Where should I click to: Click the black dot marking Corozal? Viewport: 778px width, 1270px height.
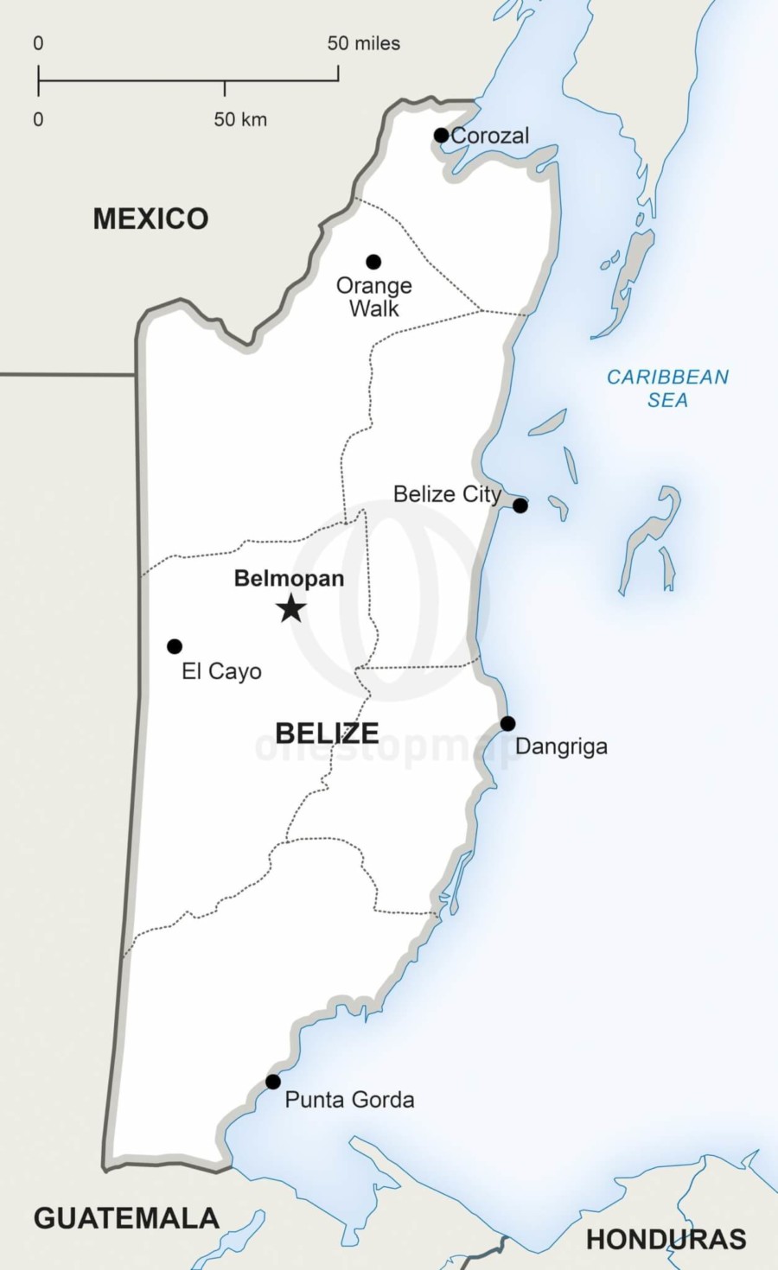tap(441, 135)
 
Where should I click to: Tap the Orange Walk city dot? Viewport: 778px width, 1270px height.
tap(373, 262)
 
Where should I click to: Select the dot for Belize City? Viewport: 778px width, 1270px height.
tap(520, 505)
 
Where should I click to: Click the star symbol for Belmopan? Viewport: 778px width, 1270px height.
tap(291, 608)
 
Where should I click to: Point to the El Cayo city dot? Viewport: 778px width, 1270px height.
tap(175, 646)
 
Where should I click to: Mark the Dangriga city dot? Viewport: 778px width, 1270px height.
tap(507, 724)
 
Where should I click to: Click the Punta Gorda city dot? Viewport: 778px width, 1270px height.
tap(273, 1082)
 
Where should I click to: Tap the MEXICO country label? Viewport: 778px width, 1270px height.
tap(150, 219)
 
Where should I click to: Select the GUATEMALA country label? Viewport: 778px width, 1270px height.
tap(126, 1218)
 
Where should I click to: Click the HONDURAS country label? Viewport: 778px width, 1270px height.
tap(666, 1240)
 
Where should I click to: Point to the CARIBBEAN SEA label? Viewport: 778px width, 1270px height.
tap(667, 388)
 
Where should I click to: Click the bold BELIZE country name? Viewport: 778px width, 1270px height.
tap(327, 733)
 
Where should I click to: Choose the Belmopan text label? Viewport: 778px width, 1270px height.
tap(289, 579)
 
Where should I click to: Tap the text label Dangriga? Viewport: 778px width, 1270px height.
tap(561, 746)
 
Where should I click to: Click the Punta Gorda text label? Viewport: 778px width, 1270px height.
tap(349, 1100)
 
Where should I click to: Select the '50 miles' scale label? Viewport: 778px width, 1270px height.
tap(363, 43)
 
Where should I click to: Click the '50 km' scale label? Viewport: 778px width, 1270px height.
tap(240, 119)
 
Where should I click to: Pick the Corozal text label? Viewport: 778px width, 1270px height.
tap(490, 136)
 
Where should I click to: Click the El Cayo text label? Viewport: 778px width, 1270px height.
tap(221, 671)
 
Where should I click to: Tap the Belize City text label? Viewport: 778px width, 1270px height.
tap(447, 494)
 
